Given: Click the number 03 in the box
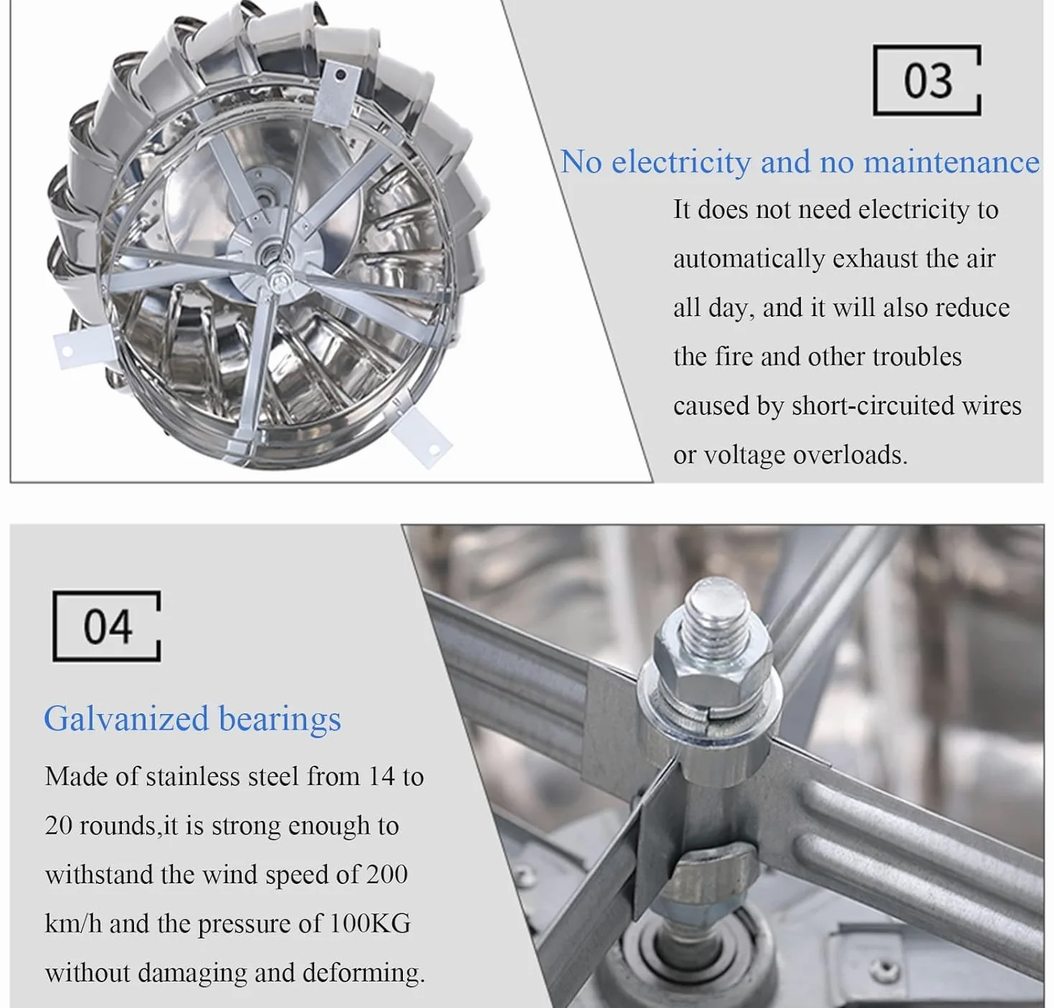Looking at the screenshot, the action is (927, 81).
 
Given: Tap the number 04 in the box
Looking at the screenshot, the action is (108, 626).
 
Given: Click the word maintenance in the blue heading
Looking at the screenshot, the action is (951, 162).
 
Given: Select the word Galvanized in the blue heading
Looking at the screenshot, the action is (126, 719).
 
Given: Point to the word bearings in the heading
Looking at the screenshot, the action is (280, 719).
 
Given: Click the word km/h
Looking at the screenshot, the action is (73, 923).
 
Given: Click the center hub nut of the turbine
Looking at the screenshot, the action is (278, 282).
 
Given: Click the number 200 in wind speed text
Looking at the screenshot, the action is (386, 874).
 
